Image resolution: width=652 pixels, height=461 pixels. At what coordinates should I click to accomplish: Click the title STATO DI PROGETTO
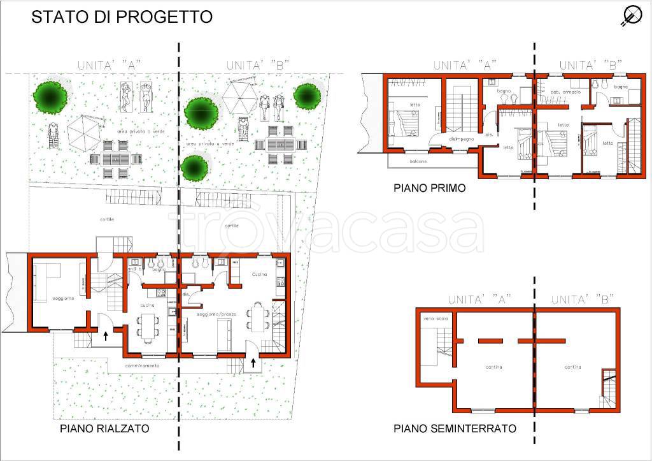[x=122, y=17]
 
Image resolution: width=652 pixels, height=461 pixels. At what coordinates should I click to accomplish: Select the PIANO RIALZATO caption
[x=105, y=428]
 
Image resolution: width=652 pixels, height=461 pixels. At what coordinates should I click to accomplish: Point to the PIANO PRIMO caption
[x=429, y=188]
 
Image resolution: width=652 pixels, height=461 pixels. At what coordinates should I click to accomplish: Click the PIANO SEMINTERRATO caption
[x=455, y=428]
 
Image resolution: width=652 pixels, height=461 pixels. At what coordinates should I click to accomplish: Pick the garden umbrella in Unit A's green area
[x=85, y=132]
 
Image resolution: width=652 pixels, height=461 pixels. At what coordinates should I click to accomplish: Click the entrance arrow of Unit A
[x=105, y=336]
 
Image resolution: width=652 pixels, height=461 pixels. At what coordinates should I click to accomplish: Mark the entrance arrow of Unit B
[x=254, y=363]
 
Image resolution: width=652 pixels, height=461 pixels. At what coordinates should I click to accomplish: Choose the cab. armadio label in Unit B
[x=566, y=92]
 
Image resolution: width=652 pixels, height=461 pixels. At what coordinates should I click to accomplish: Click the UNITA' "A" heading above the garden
[x=109, y=64]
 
